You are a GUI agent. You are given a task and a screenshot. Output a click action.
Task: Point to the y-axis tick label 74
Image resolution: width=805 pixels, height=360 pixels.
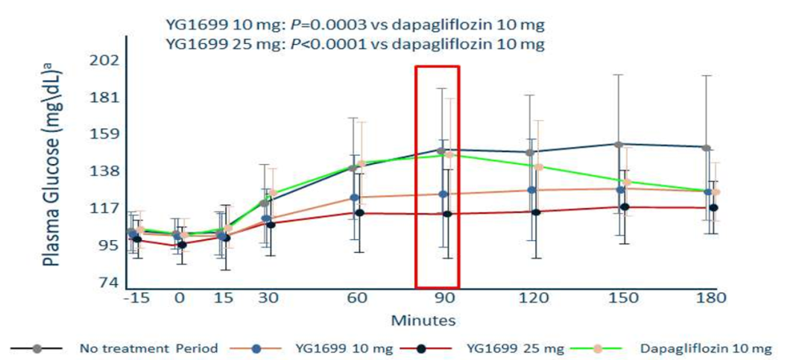coord(106,283)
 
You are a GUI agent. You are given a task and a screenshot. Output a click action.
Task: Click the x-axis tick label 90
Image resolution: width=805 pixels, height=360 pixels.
coord(445,298)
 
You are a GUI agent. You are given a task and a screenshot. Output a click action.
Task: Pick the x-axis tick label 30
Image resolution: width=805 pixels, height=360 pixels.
coord(268,298)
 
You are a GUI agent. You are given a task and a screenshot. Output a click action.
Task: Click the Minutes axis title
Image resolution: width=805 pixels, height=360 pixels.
coord(423,320)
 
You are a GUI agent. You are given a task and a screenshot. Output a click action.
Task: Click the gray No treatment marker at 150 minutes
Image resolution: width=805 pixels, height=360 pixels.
coord(619,144)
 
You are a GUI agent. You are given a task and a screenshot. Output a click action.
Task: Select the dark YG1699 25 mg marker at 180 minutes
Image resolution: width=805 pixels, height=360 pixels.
coord(713,207)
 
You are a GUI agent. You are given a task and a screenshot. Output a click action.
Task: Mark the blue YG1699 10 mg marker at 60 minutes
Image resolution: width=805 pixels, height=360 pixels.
coord(356,198)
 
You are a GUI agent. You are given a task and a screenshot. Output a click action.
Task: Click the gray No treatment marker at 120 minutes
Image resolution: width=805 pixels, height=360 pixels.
coord(529,153)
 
